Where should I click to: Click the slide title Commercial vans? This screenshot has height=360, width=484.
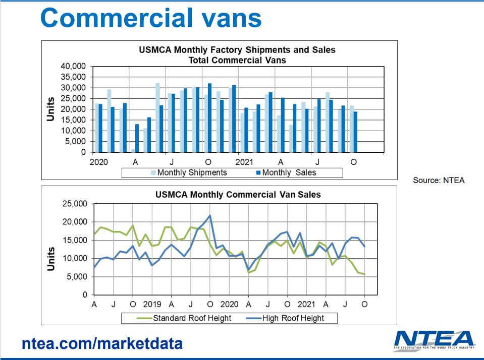point(151,19)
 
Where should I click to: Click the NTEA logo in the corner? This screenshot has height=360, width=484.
point(434,341)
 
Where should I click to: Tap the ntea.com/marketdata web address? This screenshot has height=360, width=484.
point(102,344)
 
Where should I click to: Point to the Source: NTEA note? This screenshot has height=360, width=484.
point(438,180)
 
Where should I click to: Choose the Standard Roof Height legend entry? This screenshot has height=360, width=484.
point(187,318)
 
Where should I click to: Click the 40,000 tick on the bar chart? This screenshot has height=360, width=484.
point(73,66)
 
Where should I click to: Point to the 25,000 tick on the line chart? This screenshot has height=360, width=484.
point(73,204)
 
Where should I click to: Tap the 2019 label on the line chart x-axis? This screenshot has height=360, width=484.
point(152,305)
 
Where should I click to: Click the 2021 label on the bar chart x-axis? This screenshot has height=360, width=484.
point(244,162)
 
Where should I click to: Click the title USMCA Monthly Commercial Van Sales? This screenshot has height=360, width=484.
point(237,194)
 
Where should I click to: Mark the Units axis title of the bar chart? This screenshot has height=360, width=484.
point(51,108)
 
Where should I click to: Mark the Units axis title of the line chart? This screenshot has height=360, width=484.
point(51,259)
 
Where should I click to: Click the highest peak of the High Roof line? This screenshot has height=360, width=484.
point(210,216)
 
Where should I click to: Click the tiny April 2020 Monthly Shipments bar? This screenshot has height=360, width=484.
point(133,150)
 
